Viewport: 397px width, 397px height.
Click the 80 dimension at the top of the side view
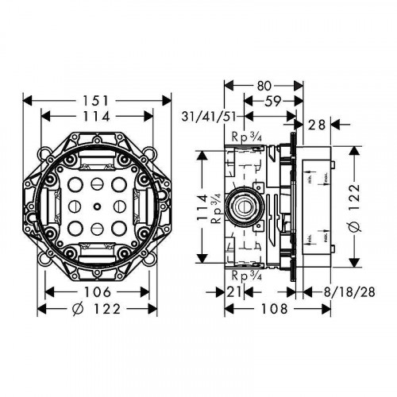tap(264, 85)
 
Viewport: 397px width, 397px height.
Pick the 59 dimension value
tap(272, 101)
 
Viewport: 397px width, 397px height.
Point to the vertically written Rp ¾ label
tap(218, 210)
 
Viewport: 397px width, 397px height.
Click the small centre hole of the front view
tap(97, 208)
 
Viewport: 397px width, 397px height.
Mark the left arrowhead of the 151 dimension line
tap(25, 101)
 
